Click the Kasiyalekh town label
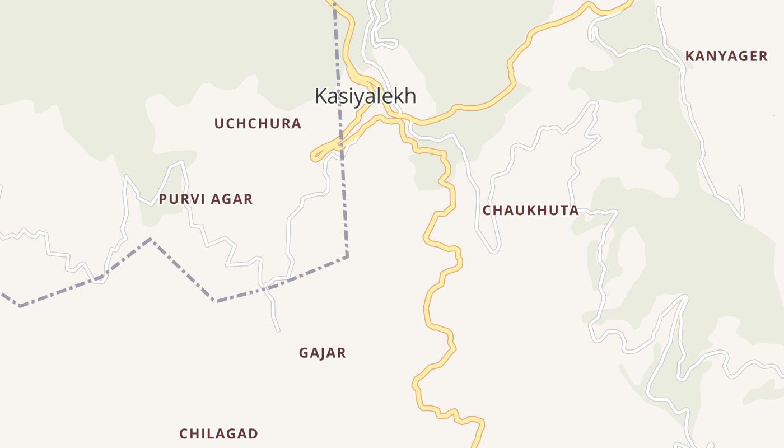(x=365, y=96)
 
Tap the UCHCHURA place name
(x=258, y=124)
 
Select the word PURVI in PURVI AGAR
(x=179, y=199)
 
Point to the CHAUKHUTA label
(x=530, y=211)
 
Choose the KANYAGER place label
(x=726, y=56)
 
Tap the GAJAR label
(x=322, y=353)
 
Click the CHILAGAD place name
(x=218, y=433)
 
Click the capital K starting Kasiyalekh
(x=321, y=96)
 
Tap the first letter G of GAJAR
(x=304, y=353)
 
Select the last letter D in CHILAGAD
(x=254, y=433)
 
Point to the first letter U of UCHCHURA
(x=219, y=124)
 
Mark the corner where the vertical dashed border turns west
(x=347, y=256)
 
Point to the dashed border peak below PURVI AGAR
(x=150, y=239)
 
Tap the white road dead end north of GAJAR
(x=278, y=331)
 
